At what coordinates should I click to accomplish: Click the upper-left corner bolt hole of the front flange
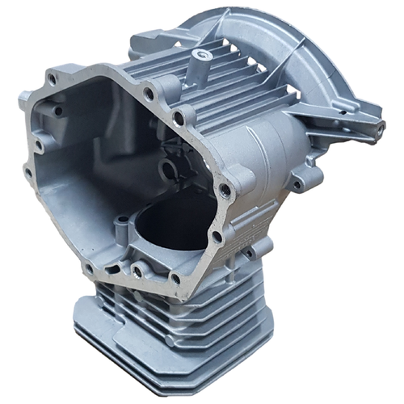coord(53,78)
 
